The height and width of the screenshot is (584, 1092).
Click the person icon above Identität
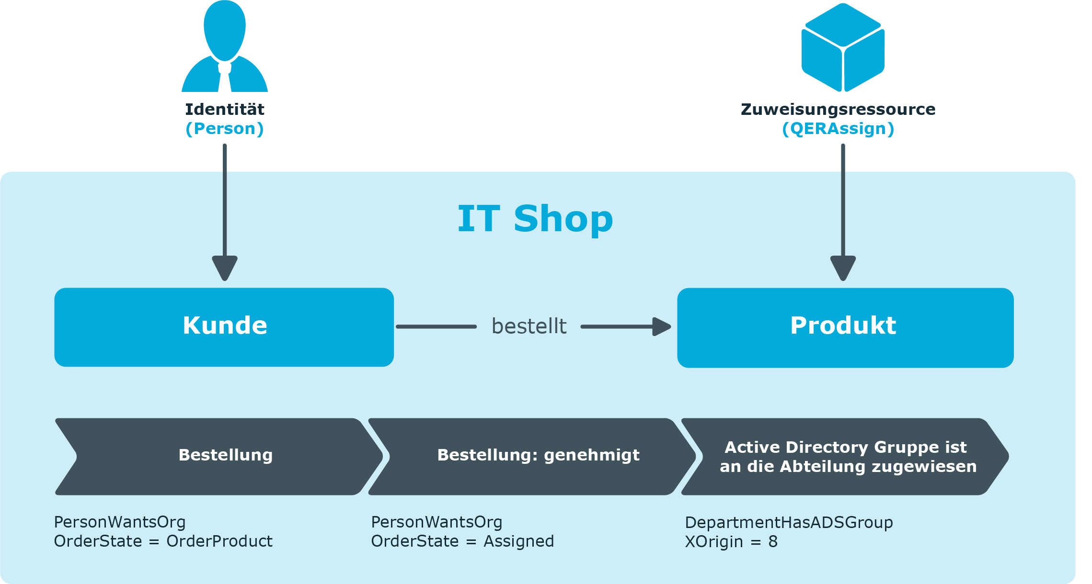[x=224, y=46]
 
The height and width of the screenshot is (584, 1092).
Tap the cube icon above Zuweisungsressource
[x=843, y=47]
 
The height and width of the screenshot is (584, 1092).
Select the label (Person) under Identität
[x=224, y=129]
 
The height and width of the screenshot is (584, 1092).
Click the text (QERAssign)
[x=838, y=129]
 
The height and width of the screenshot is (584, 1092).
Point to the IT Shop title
[x=535, y=219]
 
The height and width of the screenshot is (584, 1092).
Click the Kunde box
[x=224, y=327]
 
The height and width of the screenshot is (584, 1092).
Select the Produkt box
[x=845, y=327]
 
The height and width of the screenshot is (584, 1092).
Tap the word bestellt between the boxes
[x=529, y=326]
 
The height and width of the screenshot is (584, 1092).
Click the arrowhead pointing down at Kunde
[x=225, y=268]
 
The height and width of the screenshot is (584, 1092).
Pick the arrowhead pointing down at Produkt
[x=843, y=268]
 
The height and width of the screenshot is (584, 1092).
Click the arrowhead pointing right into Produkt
[x=662, y=326]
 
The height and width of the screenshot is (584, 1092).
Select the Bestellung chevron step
[x=219, y=456]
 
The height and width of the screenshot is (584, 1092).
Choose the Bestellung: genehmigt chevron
[x=532, y=456]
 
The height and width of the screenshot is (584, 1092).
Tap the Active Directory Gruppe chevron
[x=845, y=456]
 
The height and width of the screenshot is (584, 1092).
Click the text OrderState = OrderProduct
[x=163, y=541]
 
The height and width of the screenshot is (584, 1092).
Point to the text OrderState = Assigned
[x=462, y=541]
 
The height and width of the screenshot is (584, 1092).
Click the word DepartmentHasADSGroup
[x=789, y=523]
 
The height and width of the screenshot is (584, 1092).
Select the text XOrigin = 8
[x=731, y=542]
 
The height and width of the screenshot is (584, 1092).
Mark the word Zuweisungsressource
[x=838, y=110]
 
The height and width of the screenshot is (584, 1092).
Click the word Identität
[x=224, y=109]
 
